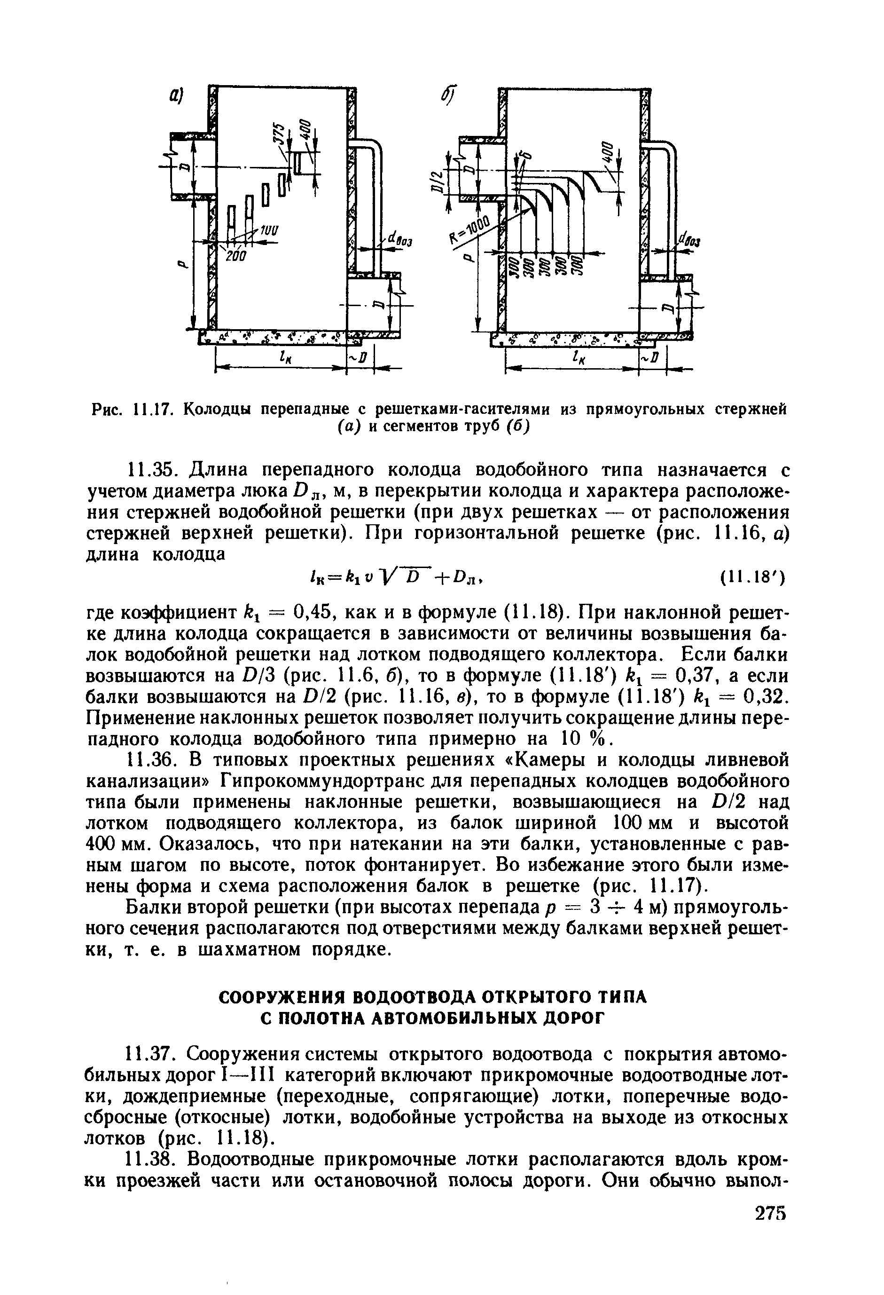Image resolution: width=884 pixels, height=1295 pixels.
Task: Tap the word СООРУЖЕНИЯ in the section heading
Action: tap(282, 997)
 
